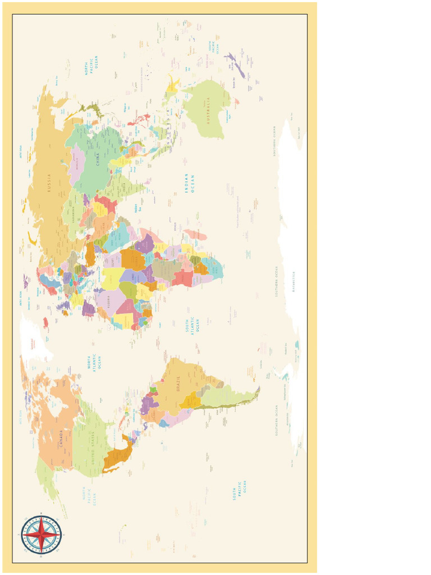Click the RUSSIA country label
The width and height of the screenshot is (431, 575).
coord(49,183)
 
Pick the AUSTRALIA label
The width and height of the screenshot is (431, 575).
coord(208,110)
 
